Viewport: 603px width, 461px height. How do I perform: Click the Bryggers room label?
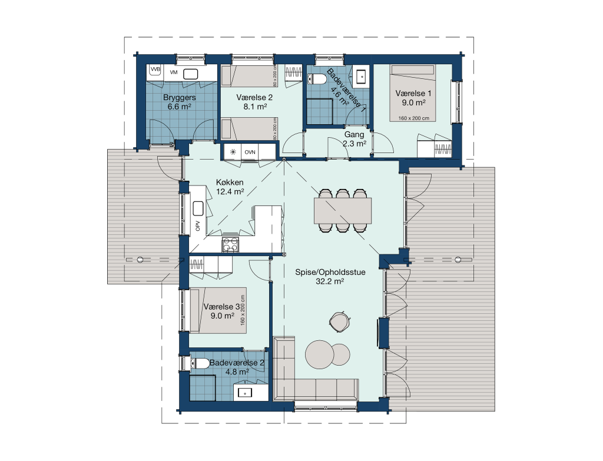click(x=179, y=98)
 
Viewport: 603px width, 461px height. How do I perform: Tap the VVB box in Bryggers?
click(x=155, y=69)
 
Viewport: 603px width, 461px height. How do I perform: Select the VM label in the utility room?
click(x=174, y=72)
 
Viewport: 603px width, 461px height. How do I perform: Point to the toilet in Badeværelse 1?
click(x=317, y=79)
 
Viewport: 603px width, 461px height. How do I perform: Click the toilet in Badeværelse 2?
click(x=198, y=363)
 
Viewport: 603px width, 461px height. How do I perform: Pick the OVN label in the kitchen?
click(x=250, y=152)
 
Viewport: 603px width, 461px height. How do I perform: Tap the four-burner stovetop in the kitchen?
click(x=230, y=244)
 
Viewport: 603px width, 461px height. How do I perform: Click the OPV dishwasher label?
click(x=198, y=226)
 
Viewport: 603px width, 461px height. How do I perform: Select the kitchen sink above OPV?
click(x=198, y=208)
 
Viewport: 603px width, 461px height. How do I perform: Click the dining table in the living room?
click(x=343, y=211)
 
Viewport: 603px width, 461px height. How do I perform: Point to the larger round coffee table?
click(x=320, y=354)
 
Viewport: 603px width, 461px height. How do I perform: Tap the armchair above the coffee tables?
click(x=339, y=321)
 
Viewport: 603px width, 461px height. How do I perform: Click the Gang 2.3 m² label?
click(x=354, y=139)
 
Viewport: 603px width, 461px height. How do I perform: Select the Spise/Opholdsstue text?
click(x=330, y=272)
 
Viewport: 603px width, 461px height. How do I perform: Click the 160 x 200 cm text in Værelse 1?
click(x=414, y=118)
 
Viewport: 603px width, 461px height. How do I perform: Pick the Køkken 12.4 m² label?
click(x=230, y=187)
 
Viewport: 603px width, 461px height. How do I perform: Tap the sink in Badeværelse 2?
click(x=245, y=393)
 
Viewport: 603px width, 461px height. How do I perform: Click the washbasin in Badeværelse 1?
click(x=361, y=77)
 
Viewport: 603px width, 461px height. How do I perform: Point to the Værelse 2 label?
click(x=254, y=98)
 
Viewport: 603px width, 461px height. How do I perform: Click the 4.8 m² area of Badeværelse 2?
click(x=237, y=372)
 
